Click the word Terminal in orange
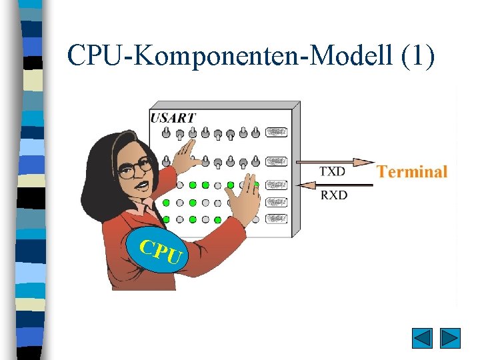(x=411, y=171)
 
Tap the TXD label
(x=332, y=171)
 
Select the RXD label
(x=333, y=195)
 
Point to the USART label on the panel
(x=173, y=118)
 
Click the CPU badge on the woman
(x=159, y=249)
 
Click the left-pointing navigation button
(x=422, y=338)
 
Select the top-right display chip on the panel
(x=276, y=133)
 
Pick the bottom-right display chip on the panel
(x=276, y=218)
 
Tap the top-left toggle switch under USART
(x=166, y=131)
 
